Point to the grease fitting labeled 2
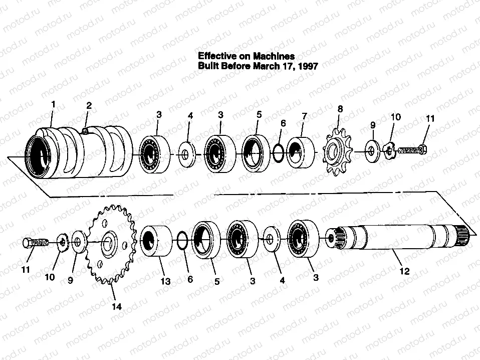coord(85,131)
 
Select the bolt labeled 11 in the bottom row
coord(36,243)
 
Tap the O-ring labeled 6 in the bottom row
coord(183,241)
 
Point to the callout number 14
coord(117,306)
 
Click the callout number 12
coord(404,271)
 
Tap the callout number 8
coord(340,109)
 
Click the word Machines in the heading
coord(274,56)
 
